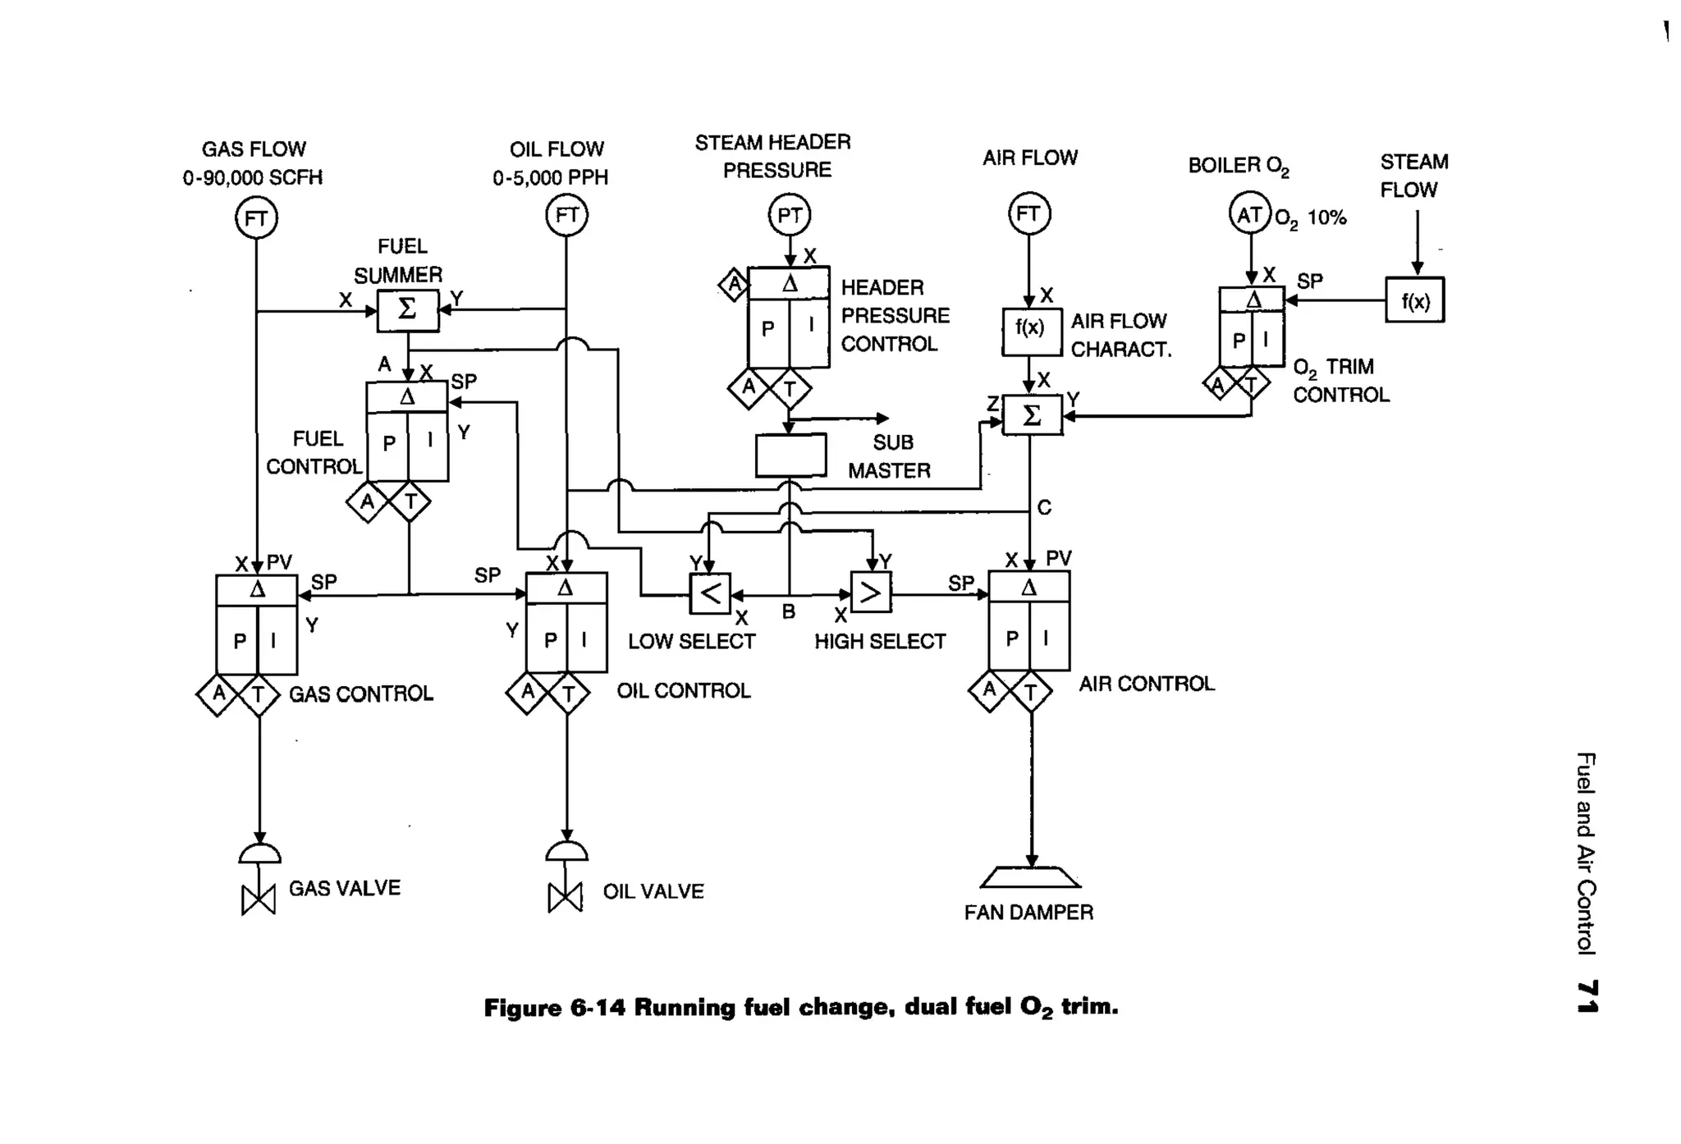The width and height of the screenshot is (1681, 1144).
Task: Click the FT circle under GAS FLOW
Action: click(256, 218)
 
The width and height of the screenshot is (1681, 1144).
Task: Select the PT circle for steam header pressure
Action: click(789, 215)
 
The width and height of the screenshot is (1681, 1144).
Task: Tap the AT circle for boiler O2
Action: click(1249, 215)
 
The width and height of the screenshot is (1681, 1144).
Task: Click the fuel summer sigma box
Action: click(408, 310)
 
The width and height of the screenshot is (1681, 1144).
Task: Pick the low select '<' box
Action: click(710, 593)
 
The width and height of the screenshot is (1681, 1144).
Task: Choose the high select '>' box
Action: click(870, 593)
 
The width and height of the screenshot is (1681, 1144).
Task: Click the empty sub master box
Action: click(790, 455)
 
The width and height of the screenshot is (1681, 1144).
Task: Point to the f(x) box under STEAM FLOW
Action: click(1414, 300)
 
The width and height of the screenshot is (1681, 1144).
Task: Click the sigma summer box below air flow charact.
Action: click(1032, 415)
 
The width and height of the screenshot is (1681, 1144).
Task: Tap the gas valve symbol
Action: click(259, 899)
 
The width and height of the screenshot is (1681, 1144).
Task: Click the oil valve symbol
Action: click(565, 896)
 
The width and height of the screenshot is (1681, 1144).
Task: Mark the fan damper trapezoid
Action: click(1030, 878)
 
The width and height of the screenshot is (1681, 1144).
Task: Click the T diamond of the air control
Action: click(1031, 693)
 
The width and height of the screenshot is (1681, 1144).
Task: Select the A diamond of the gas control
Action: click(218, 694)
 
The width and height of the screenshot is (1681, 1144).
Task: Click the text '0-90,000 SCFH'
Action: click(252, 178)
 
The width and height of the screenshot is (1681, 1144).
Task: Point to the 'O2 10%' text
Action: click(1310, 219)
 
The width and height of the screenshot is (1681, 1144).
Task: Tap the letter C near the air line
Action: click(1044, 508)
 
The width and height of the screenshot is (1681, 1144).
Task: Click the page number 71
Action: click(1587, 996)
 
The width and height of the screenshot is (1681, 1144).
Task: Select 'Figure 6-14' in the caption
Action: click(555, 1007)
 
